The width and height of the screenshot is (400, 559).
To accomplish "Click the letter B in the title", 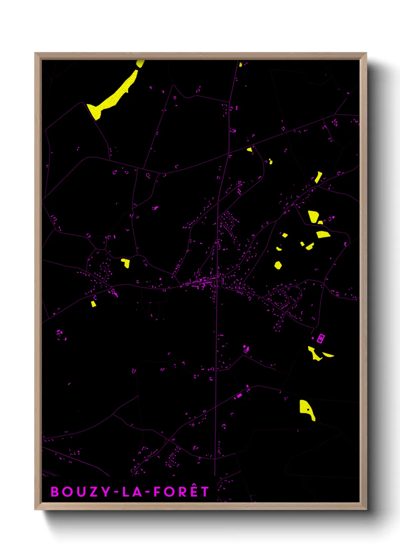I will click(x=55, y=492).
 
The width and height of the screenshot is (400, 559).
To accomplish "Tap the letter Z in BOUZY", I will click(x=93, y=492).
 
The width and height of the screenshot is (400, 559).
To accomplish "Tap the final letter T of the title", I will click(x=205, y=492).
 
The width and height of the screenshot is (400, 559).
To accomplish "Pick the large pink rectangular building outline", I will click(x=321, y=338).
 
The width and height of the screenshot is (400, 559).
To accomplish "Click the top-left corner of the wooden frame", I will click(x=36, y=54).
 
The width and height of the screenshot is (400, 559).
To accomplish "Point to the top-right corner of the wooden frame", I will click(x=366, y=54).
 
